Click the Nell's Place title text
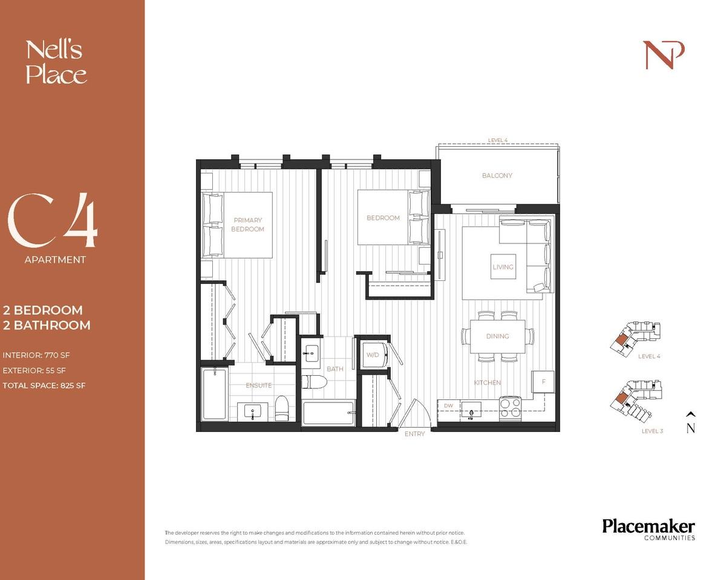click(56, 62)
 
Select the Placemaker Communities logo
click(648, 529)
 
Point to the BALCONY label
click(497, 176)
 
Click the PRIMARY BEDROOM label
click(247, 225)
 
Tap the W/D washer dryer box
click(372, 355)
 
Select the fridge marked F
click(543, 382)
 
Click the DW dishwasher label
click(448, 405)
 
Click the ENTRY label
click(414, 434)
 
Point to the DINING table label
click(497, 337)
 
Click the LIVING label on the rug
click(503, 266)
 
